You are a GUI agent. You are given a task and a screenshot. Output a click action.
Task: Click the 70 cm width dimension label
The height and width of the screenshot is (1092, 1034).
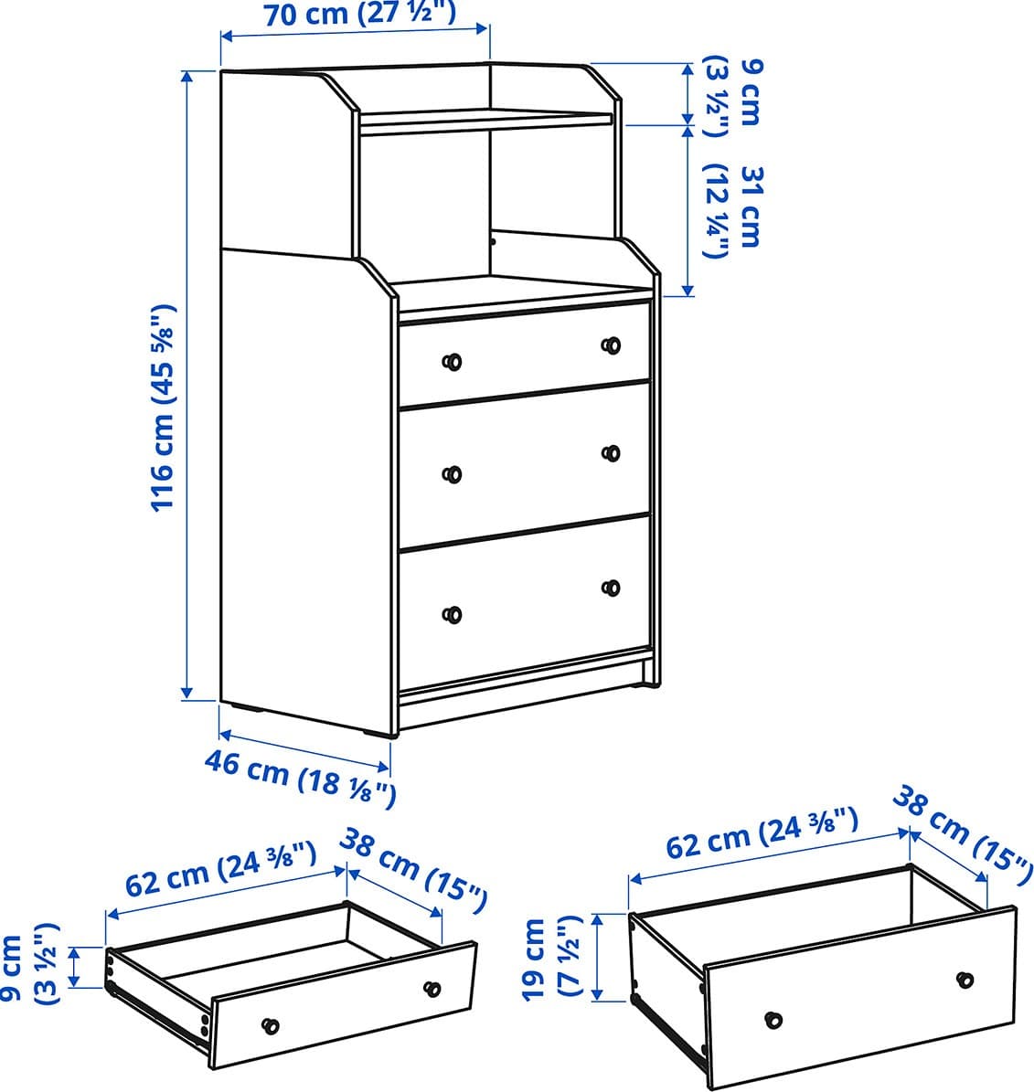[x=360, y=13]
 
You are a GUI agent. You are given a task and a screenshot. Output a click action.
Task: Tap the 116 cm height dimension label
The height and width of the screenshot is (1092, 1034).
[x=163, y=408]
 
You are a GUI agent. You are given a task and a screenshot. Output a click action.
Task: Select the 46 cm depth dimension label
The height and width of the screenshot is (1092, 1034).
[x=300, y=779]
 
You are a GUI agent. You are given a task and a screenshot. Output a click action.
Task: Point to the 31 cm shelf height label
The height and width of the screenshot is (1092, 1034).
[x=734, y=211]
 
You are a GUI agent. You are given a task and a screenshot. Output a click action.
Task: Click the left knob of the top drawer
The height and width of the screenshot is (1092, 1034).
[x=453, y=362]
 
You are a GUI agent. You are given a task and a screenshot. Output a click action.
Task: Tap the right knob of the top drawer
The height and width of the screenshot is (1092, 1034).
[x=611, y=345]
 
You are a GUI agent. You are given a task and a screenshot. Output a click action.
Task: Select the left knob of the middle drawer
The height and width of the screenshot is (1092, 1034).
[x=453, y=474]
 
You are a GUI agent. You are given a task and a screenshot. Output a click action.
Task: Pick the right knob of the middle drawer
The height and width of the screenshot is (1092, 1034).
[x=611, y=453]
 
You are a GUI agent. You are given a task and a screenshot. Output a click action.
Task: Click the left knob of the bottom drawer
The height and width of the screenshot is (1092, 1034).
[x=453, y=615]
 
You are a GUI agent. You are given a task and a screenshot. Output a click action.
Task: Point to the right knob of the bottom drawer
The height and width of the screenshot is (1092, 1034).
[x=611, y=588]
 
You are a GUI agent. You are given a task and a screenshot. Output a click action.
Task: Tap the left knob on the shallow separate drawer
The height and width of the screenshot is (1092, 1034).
[x=271, y=1026]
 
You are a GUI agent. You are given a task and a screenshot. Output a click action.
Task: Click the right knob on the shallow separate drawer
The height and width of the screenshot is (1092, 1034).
[x=432, y=988]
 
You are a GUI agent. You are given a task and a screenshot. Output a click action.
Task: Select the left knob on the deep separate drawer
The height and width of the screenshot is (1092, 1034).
[x=773, y=1021]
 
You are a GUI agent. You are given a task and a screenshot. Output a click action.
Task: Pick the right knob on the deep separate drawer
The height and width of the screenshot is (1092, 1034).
[x=965, y=980]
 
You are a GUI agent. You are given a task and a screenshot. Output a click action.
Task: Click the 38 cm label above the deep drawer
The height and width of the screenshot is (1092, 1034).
[x=963, y=827]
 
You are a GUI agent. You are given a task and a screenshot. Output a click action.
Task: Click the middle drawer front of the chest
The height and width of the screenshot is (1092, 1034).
[x=524, y=464]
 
